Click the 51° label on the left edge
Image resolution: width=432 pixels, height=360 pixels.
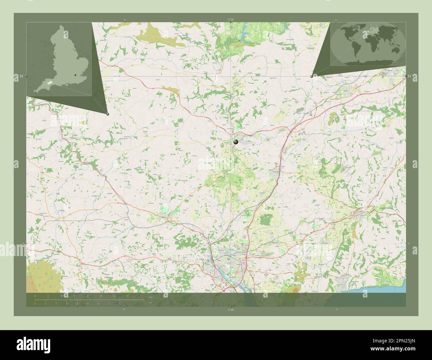point(21,76)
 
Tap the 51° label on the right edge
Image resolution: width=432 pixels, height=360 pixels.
point(409,76)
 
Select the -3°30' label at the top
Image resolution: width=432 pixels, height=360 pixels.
point(231,20)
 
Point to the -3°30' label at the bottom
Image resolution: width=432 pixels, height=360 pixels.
point(231,310)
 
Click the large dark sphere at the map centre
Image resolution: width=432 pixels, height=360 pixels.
point(236,142)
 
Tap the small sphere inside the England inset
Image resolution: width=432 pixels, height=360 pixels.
point(76,75)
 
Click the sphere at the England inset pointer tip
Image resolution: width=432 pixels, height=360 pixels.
point(108,114)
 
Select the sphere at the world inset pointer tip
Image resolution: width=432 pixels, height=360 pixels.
point(311,76)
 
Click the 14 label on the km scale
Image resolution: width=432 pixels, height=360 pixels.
point(127,296)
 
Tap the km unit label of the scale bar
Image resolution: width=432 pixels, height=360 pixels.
point(151,297)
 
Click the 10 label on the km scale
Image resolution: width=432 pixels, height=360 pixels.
point(101,296)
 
